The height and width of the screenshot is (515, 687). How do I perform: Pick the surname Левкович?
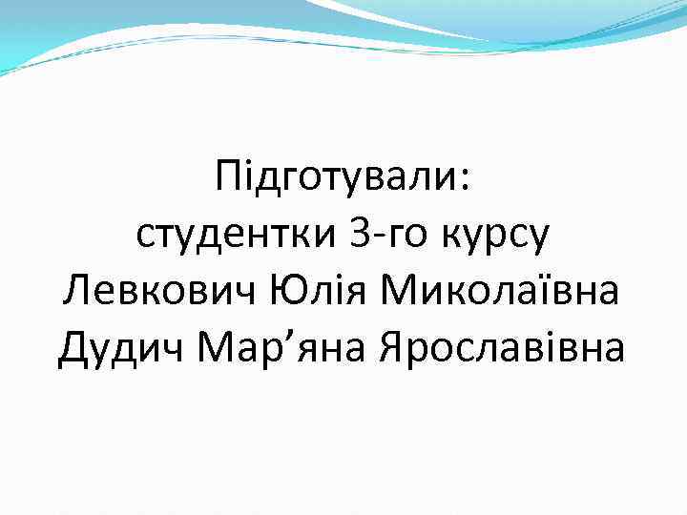coord(150,290)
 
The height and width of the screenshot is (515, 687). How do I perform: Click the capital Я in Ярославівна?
coord(392,347)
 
